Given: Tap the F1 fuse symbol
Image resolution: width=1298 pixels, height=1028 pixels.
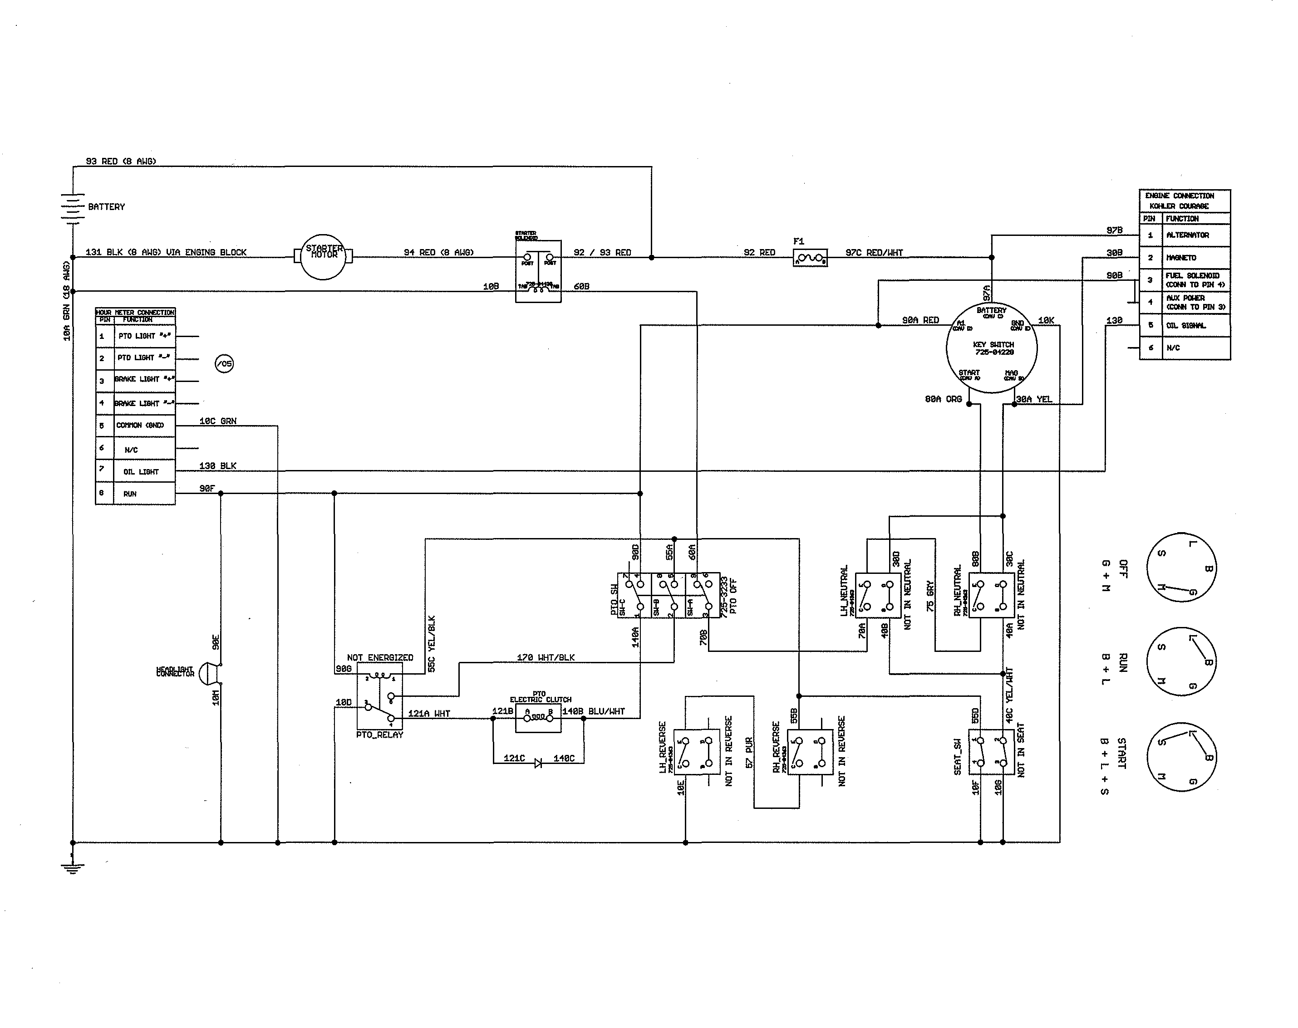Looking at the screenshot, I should [811, 258].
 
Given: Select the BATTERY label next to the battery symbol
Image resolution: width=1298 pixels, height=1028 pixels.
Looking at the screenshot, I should [107, 206].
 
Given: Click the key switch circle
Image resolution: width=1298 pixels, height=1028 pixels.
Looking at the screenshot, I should [992, 348].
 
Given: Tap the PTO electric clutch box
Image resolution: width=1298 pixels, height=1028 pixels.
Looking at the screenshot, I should [538, 719].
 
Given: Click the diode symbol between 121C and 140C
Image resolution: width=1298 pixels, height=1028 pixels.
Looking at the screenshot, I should [538, 763].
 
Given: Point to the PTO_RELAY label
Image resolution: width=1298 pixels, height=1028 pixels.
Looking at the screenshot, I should [379, 735].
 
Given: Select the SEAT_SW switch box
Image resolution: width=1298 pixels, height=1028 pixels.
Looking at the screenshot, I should [991, 752].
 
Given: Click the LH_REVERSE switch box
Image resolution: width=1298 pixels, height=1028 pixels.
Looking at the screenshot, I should [697, 752].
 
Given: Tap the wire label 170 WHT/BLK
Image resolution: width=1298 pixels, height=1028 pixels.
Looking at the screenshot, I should [546, 657].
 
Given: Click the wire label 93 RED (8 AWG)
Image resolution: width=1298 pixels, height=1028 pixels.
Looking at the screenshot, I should [121, 162].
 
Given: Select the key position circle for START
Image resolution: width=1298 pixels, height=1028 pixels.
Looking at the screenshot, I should [1181, 757].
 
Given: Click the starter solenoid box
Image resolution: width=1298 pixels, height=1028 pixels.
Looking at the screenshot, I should [538, 272].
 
